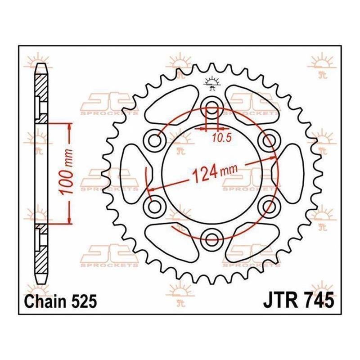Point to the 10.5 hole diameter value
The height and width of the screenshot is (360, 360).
point(221,138)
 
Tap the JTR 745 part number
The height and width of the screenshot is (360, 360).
point(298,300)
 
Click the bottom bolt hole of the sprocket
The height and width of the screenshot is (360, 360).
point(211,240)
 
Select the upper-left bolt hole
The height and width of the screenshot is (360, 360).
point(154,140)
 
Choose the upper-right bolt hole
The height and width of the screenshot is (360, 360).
point(269,140)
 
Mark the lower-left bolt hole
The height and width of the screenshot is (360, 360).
point(154,207)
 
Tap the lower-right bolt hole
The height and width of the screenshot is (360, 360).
point(269,207)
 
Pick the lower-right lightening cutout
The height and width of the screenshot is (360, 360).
point(252,243)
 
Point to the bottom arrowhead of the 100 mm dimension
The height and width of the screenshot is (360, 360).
point(69,219)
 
